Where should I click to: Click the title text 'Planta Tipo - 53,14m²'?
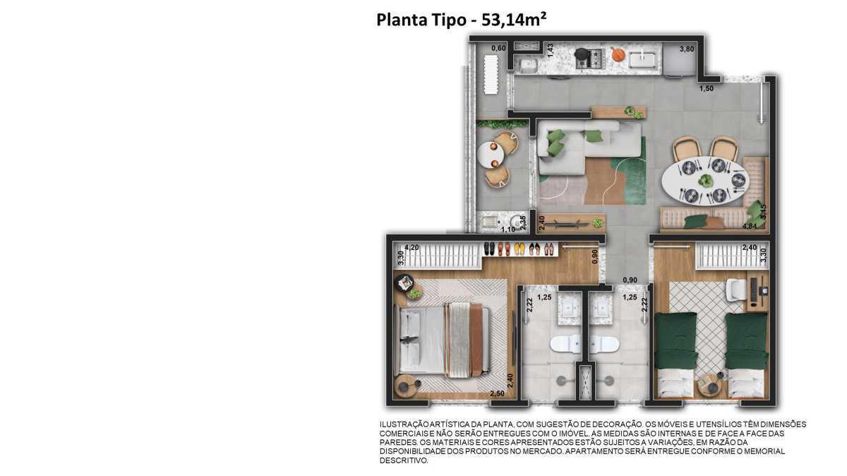click(x=462, y=20)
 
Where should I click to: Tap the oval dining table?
click(x=705, y=181)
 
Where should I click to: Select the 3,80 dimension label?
click(x=687, y=49)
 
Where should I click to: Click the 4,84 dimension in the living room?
click(x=750, y=226)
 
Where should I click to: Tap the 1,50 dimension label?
click(x=707, y=88)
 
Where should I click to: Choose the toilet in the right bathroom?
click(x=604, y=345)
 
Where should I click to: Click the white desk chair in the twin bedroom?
click(x=735, y=290)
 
